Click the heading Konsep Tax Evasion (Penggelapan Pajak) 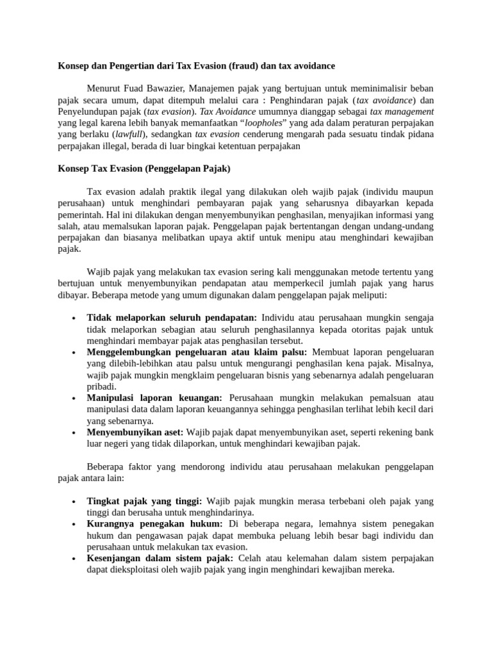[x=143, y=169]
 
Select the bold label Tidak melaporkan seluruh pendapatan [x=172, y=318]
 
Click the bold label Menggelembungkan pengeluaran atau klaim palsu [x=197, y=352]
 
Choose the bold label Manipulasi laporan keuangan [x=154, y=398]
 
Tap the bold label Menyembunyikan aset [x=135, y=432]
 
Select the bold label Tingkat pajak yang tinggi [x=145, y=501]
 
